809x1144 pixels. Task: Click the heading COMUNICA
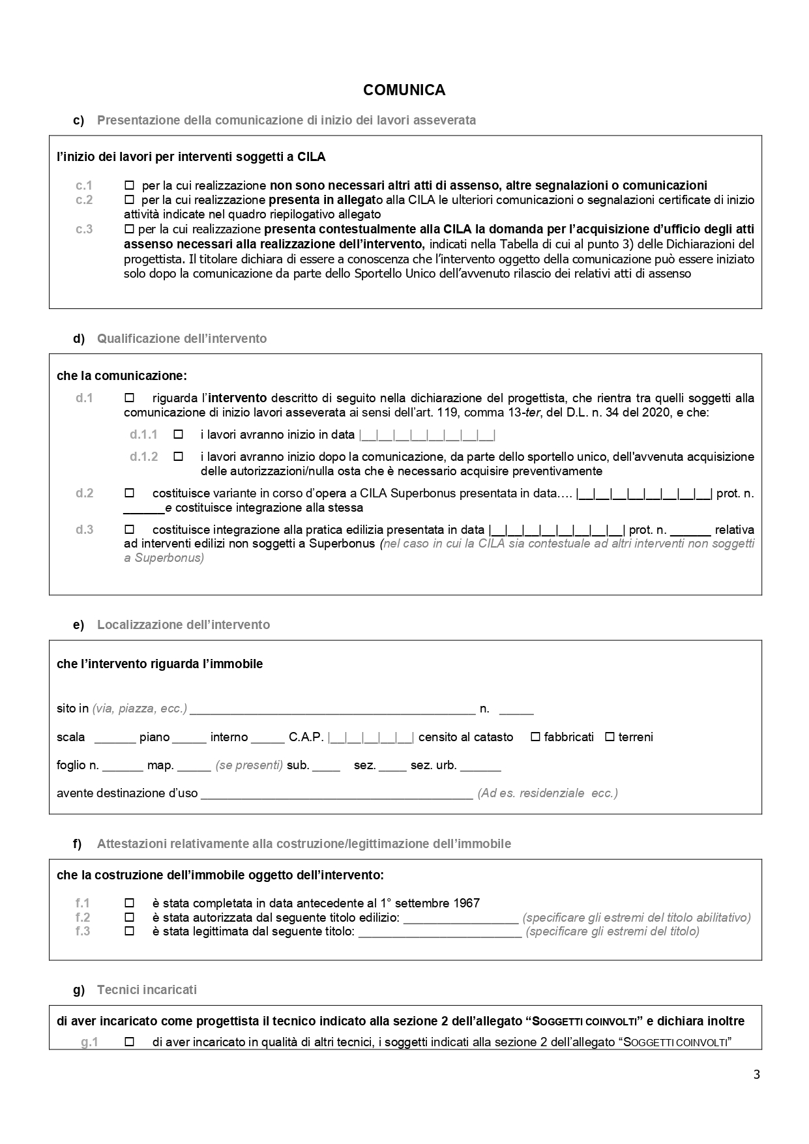coord(404,90)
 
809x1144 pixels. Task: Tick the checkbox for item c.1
coord(129,184)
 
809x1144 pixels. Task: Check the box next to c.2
coord(129,199)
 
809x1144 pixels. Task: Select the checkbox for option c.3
coord(129,229)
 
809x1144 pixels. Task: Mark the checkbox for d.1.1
coord(178,434)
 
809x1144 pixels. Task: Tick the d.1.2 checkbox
coord(178,456)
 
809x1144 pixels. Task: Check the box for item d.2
coord(129,493)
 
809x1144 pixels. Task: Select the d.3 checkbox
coord(129,529)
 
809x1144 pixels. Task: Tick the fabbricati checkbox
coord(535,737)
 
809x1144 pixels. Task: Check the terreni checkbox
coord(610,737)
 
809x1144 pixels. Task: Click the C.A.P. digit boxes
coord(371,737)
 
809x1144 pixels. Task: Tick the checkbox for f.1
coord(129,903)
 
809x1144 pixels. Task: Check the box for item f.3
coord(129,931)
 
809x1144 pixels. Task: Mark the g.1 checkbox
coord(129,1042)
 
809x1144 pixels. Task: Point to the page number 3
coord(756,1075)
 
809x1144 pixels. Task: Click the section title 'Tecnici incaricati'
coord(147,990)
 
